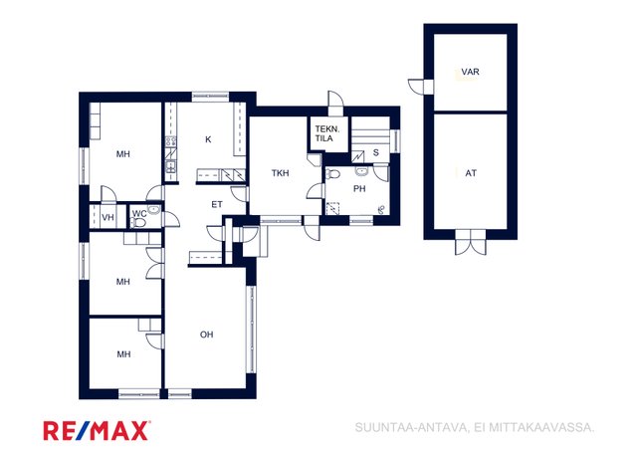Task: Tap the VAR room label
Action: click(470, 72)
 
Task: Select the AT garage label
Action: click(471, 173)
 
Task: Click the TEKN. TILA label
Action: click(326, 133)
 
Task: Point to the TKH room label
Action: click(281, 173)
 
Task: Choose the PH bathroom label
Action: click(359, 189)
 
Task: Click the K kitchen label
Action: click(208, 139)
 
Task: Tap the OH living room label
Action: click(206, 335)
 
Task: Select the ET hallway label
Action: click(217, 204)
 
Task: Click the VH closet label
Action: click(107, 218)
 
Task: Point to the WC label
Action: click(139, 214)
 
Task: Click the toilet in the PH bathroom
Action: click(332, 174)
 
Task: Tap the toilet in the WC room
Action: click(137, 223)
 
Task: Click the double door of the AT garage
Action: click(471, 243)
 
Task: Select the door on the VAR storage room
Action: click(416, 87)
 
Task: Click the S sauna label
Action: click(375, 153)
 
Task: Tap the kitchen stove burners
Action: click(171, 141)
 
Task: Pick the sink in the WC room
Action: click(154, 210)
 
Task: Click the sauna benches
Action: click(370, 134)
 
